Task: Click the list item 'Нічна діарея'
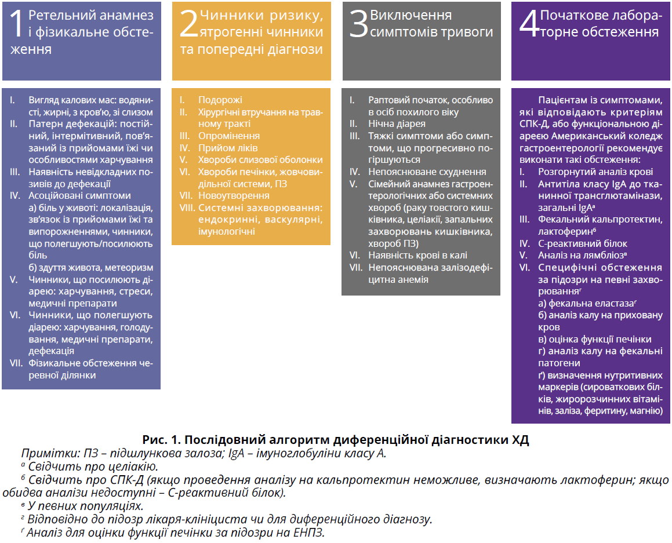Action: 397,123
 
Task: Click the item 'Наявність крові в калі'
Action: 417,255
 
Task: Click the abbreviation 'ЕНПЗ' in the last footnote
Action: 307,533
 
